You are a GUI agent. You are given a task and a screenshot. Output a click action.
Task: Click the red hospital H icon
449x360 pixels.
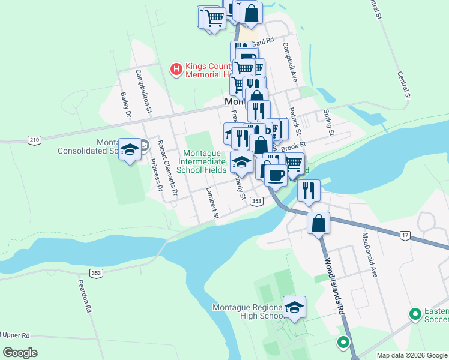(x=176, y=70)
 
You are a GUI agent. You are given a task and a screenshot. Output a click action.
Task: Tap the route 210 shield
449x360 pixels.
(x=34, y=140)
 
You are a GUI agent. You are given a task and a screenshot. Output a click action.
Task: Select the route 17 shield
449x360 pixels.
(x=405, y=236)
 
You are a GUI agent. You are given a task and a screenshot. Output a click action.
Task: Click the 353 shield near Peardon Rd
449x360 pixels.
(x=96, y=273)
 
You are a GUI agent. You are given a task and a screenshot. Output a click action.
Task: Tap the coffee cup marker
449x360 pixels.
(x=276, y=175)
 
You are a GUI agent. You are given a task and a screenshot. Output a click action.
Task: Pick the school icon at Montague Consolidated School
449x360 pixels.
(x=130, y=150)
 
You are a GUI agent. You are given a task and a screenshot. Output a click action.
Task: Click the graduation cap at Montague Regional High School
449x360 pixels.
(x=294, y=308)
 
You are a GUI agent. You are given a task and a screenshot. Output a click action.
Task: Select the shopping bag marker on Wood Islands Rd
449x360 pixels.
(x=318, y=223)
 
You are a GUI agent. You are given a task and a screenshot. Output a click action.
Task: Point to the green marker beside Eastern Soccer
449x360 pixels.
(x=414, y=314)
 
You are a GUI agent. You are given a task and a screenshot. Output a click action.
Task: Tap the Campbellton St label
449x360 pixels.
(x=143, y=91)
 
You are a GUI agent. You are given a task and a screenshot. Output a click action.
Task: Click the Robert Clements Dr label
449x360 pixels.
(x=167, y=169)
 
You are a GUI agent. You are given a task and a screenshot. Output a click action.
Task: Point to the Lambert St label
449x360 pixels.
(x=211, y=203)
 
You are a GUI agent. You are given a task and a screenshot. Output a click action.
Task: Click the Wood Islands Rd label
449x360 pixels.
(x=335, y=287)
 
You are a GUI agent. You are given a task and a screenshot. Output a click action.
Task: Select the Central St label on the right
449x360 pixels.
(x=403, y=85)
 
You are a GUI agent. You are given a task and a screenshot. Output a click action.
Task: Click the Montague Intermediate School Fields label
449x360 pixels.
(x=205, y=161)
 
